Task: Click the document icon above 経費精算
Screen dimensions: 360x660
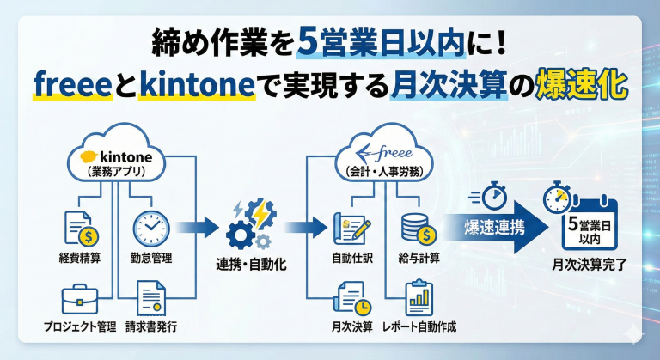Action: (80, 229)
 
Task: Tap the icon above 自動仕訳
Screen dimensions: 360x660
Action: (351, 228)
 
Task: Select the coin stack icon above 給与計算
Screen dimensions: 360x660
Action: (418, 228)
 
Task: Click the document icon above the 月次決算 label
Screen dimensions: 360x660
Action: (351, 299)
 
